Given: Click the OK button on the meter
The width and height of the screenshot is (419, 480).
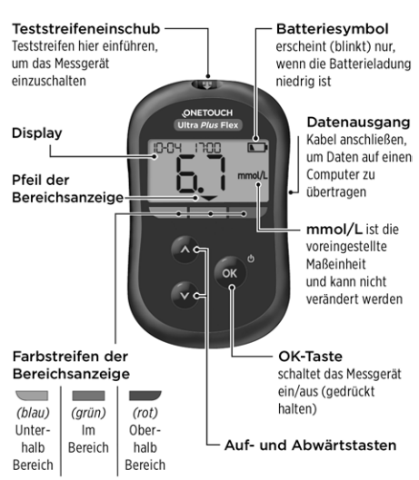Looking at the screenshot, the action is pos(230,273).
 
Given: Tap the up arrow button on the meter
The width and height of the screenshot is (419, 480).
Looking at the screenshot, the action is pos(185,250).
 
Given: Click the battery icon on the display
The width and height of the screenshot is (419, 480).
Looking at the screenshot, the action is pos(257,148).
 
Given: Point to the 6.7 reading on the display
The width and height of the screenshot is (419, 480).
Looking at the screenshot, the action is pos(201,174).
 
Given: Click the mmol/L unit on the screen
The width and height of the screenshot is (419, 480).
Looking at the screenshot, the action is pos(253,176).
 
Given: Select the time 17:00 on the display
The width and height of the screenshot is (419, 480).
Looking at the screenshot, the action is pos(207,148).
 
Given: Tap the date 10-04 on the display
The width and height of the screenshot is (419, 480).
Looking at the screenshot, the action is pos(167,148).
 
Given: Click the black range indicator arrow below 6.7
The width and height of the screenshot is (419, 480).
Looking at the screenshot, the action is pos(209,199).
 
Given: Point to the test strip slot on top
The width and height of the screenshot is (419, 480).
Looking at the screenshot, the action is pos(207,84).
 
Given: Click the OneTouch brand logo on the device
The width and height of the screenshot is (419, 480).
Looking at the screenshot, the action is pos(207,113).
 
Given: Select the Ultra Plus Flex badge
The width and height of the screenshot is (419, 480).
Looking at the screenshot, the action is pos(208,125).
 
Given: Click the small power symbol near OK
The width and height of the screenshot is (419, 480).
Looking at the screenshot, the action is pos(251,259).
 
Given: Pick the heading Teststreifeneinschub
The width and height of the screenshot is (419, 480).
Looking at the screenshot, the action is pos(86,29).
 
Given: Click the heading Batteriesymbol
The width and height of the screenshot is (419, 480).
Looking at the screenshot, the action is pos(332,29).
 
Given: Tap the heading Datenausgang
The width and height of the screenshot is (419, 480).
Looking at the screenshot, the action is pos(359,122).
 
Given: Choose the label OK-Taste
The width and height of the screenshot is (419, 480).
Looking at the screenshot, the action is pos(311,357).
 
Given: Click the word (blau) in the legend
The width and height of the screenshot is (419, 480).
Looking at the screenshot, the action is pos(33,413).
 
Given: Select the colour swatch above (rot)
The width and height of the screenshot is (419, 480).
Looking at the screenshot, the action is pos(145,396).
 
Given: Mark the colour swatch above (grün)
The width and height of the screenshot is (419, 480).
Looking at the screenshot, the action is pos(88,396).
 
